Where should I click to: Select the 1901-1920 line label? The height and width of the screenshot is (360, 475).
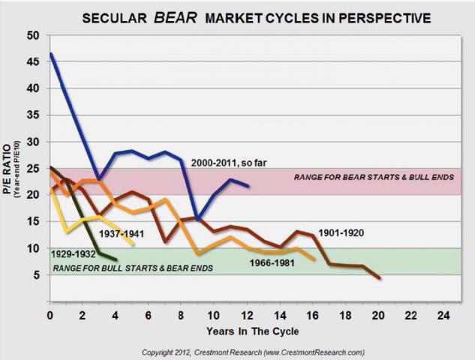[341, 232]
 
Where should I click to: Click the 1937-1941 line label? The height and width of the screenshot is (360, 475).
[122, 232]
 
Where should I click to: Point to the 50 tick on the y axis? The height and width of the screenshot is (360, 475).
[32, 35]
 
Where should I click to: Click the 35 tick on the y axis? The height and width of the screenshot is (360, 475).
[32, 115]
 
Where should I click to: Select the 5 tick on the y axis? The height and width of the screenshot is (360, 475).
[35, 274]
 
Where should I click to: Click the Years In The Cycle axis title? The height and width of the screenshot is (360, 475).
[244, 331]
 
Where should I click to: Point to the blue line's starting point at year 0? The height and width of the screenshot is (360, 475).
[50, 54]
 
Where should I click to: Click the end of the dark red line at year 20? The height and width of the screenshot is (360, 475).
[380, 278]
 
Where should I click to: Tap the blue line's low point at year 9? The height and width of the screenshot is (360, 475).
[197, 218]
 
